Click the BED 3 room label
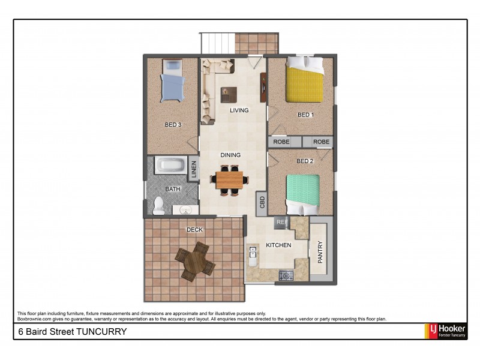tap(173, 125)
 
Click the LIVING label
tap(239, 110)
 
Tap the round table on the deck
tap(195, 260)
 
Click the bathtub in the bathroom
tap(171, 166)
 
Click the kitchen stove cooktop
tap(286, 276)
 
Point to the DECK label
tap(194, 229)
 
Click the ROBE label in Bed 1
tap(281, 142)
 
